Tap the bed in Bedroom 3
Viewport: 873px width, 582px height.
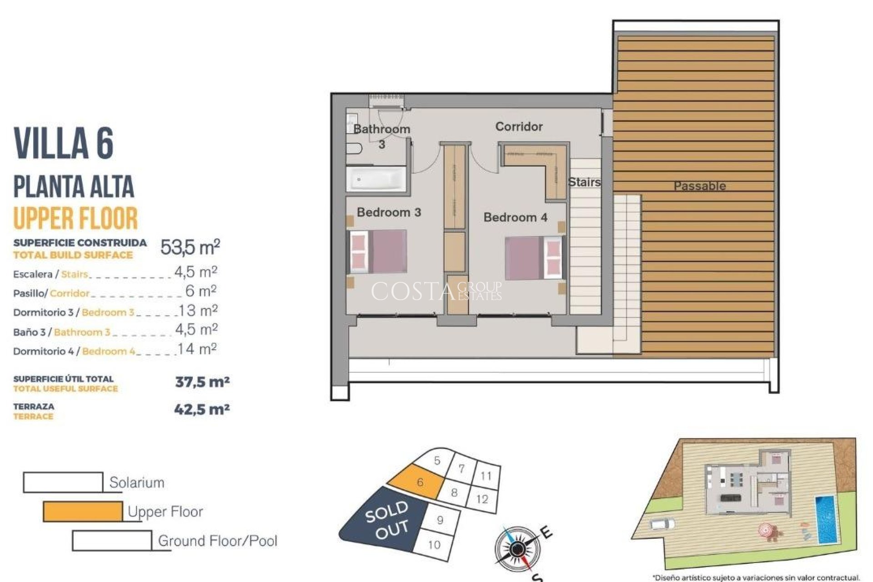click(x=378, y=251)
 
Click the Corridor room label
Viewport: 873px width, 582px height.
click(x=519, y=126)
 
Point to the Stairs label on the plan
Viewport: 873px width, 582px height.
click(x=584, y=182)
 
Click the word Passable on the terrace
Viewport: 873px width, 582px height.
click(x=699, y=186)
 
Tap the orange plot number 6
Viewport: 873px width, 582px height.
click(x=420, y=482)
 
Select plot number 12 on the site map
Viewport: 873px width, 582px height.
click(x=482, y=499)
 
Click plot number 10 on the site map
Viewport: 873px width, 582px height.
click(x=434, y=544)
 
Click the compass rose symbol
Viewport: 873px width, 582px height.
click(x=516, y=549)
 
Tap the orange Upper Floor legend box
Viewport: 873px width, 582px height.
click(x=83, y=511)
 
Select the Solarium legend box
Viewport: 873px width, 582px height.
click(x=63, y=482)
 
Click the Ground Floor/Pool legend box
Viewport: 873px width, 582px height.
click(x=112, y=541)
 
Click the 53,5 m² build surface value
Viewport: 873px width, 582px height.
click(x=190, y=247)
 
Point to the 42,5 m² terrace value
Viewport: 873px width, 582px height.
click(x=202, y=410)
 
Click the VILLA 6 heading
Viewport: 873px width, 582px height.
click(x=64, y=143)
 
